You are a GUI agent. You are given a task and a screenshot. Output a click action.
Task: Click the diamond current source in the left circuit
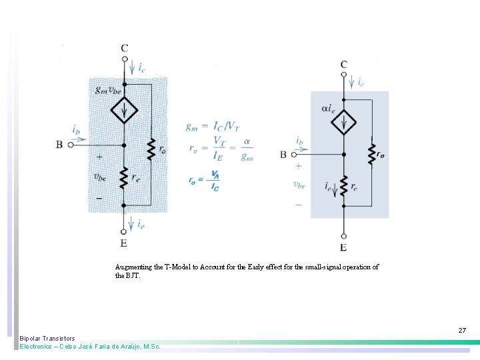(125, 110)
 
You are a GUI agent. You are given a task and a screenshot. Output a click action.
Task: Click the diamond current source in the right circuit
(344, 122)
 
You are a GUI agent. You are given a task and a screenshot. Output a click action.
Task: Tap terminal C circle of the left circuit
(125, 59)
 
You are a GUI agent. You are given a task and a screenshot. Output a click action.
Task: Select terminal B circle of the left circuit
(69, 143)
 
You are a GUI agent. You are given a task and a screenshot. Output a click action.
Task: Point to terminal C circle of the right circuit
(344, 75)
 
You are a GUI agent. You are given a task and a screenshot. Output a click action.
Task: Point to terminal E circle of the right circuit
(344, 236)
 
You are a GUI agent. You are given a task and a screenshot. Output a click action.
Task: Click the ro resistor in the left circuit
(151, 149)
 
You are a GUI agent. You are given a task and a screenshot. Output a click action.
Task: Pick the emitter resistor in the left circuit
(125, 177)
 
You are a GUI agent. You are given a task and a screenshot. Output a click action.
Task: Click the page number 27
(462, 331)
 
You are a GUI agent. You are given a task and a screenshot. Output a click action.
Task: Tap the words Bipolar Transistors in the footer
(47, 339)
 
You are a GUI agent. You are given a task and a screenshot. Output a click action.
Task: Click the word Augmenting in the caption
(133, 267)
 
